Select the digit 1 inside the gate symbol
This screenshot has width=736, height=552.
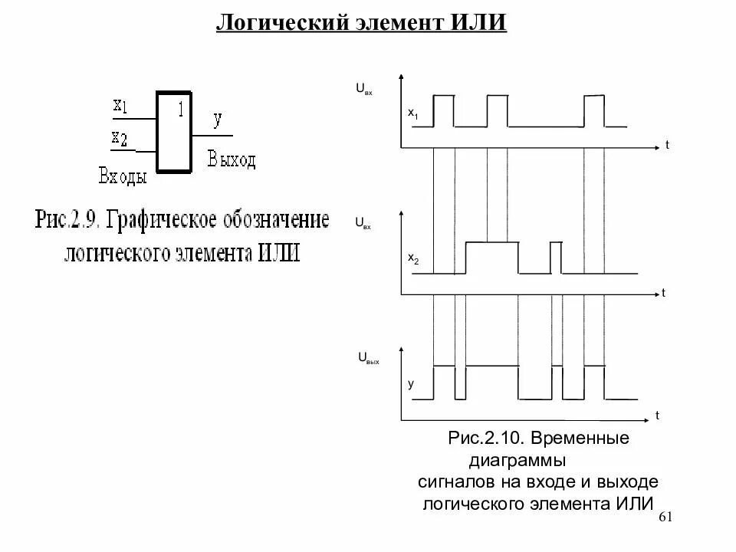click(x=180, y=109)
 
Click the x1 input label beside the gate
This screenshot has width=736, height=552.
click(x=120, y=106)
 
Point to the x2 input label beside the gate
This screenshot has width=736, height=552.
click(x=120, y=138)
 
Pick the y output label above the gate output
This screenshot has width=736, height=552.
click(x=218, y=119)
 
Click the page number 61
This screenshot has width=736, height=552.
click(x=665, y=517)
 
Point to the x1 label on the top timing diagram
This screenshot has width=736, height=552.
click(x=412, y=113)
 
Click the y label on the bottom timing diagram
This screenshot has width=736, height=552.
click(x=410, y=384)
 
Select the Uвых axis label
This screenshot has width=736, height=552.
click(x=369, y=358)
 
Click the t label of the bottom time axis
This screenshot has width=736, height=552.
click(x=657, y=415)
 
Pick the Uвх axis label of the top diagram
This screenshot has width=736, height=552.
click(x=363, y=89)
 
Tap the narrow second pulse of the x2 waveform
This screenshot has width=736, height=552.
click(x=556, y=256)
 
